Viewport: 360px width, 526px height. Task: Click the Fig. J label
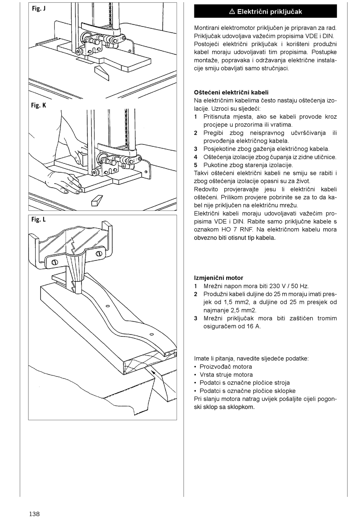[39, 8]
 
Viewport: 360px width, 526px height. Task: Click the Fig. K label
[39, 105]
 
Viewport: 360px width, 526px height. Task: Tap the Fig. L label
[39, 220]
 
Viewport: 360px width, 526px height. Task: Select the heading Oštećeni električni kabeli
[231, 93]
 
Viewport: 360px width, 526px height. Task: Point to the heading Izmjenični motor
[219, 278]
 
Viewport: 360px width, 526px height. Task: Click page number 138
[34, 514]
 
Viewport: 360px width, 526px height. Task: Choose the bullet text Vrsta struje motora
[226, 375]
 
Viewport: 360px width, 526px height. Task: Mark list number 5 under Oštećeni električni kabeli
[196, 165]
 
